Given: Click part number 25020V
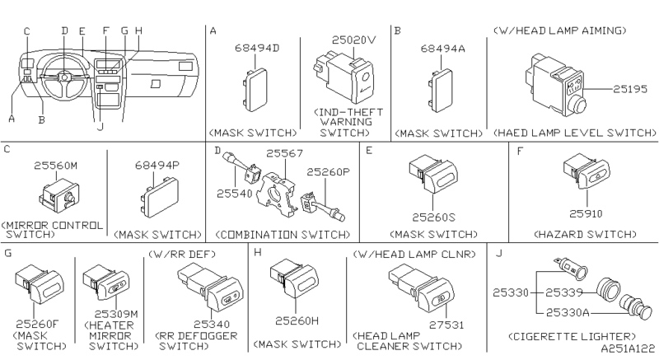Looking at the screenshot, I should [x=354, y=38].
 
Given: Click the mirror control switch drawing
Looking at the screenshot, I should [x=59, y=194].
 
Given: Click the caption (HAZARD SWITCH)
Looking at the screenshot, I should [x=586, y=235].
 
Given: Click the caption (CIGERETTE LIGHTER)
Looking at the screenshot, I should [x=573, y=336].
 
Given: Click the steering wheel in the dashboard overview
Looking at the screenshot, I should [x=65, y=76].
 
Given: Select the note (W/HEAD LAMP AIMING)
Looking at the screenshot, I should [x=559, y=30].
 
